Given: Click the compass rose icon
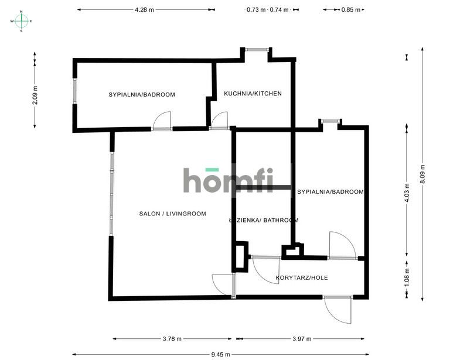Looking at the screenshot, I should pos(21,20).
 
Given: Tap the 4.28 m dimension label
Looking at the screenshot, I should pos(144,9).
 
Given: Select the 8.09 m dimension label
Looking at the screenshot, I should pos(423,174).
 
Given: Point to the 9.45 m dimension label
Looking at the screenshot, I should pos(220,354).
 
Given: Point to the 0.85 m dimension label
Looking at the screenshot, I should pos(351,9).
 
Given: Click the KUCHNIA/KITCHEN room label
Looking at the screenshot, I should pos(253,93).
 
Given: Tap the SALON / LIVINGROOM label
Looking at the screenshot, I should pos(172,214).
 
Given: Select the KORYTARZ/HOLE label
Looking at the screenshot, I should pos(301,277).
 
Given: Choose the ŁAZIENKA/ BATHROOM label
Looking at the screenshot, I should pos(264,221).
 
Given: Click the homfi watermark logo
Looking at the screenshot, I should pos(228,180).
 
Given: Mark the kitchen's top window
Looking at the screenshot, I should pos(256,50).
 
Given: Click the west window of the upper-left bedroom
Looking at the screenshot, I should pos(74,91).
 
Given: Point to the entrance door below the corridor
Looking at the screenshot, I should pos(337,308).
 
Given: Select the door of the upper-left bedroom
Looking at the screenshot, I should pos(161,121).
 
